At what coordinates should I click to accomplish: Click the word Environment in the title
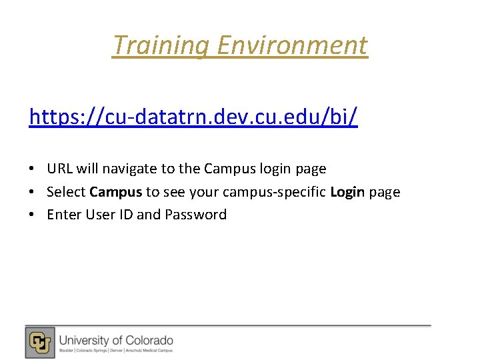pos(292,45)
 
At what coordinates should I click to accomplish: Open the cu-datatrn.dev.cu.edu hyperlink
pos(193,117)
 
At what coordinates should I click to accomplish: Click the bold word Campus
pos(115,192)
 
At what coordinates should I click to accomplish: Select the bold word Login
pos(347,192)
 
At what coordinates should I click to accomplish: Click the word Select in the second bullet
pos(66,192)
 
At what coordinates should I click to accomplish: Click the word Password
pos(196,215)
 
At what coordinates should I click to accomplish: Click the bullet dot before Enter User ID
pos(33,215)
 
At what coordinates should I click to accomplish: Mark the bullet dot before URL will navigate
pos(33,169)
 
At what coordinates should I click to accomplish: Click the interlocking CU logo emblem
pos(40,343)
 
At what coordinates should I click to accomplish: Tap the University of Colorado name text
pos(116,340)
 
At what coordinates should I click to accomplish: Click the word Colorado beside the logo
pos(147,340)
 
